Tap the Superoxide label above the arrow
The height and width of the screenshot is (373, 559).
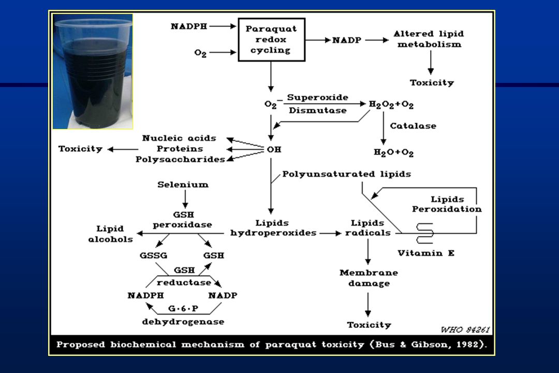point(318,97)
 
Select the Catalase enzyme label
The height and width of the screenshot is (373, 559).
point(413,126)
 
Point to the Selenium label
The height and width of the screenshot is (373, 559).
point(183,185)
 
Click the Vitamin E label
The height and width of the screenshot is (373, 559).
point(426,253)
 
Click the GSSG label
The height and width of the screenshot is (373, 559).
point(153,255)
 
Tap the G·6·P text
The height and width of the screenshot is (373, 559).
point(183,308)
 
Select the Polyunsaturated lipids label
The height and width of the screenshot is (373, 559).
point(346,174)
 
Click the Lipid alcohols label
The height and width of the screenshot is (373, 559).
point(110,234)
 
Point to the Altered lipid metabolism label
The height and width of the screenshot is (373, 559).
point(429,39)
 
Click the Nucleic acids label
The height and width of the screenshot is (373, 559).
point(179,138)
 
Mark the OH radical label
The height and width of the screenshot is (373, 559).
point(274,150)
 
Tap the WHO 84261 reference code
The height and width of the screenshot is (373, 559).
point(465,329)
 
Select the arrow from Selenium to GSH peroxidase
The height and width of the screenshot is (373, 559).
point(185,199)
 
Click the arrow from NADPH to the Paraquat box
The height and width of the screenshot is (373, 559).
point(223,26)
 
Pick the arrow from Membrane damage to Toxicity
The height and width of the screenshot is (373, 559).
point(368,305)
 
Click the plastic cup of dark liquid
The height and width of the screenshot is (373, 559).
point(93,72)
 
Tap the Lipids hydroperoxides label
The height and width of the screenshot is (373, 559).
point(273,228)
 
